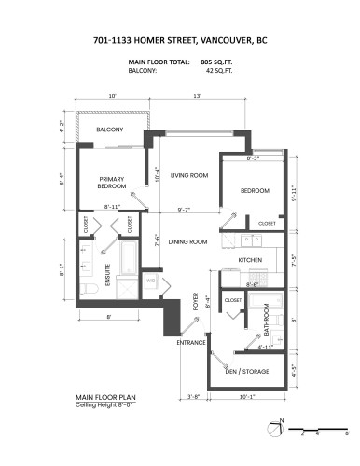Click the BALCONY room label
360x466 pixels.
click(109, 130)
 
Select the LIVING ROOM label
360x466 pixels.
click(188, 174)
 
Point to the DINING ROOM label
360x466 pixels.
click(188, 242)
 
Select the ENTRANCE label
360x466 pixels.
click(190, 343)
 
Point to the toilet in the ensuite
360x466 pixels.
click(84, 290)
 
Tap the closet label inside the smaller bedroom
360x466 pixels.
click(267, 224)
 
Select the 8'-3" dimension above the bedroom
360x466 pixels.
click(253, 158)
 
